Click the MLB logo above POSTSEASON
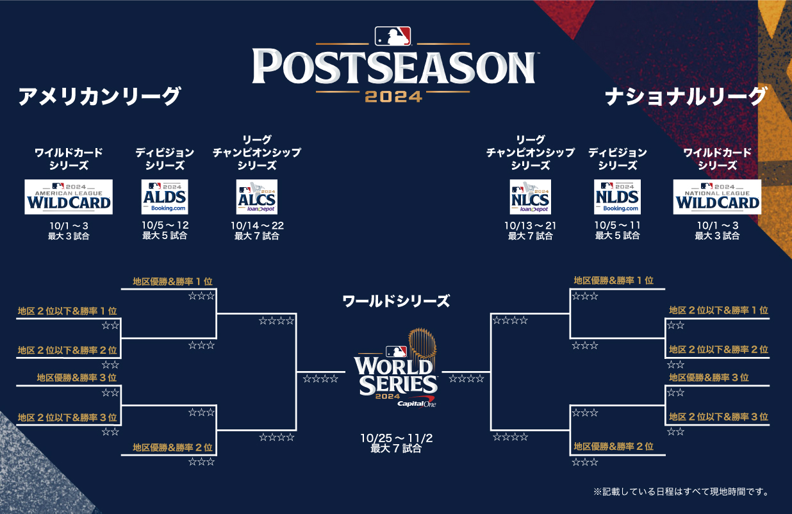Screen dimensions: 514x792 tap(393, 37)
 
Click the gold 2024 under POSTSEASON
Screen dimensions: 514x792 tap(393, 97)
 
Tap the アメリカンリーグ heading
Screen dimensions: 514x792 tap(100, 96)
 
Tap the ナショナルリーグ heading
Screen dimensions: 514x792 tap(686, 96)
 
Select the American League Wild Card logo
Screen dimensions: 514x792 tap(69, 197)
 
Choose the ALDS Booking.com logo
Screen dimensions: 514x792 tap(165, 197)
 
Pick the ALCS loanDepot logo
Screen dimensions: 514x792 tap(257, 197)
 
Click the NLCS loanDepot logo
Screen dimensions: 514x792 tap(530, 197)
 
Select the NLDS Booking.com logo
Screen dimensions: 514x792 tap(617, 197)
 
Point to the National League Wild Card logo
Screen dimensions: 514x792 tap(717, 197)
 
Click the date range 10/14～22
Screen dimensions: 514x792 tap(257, 226)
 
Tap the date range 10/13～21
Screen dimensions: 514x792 tap(530, 226)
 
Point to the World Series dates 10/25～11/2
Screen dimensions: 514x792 tap(395, 438)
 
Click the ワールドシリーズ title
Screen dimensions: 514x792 tap(396, 301)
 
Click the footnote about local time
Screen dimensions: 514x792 tap(681, 492)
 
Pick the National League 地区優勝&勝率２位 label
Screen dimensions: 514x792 tap(614, 447)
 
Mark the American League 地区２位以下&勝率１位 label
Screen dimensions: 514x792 tap(67, 311)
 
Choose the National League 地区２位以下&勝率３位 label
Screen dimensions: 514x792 tap(718, 417)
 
